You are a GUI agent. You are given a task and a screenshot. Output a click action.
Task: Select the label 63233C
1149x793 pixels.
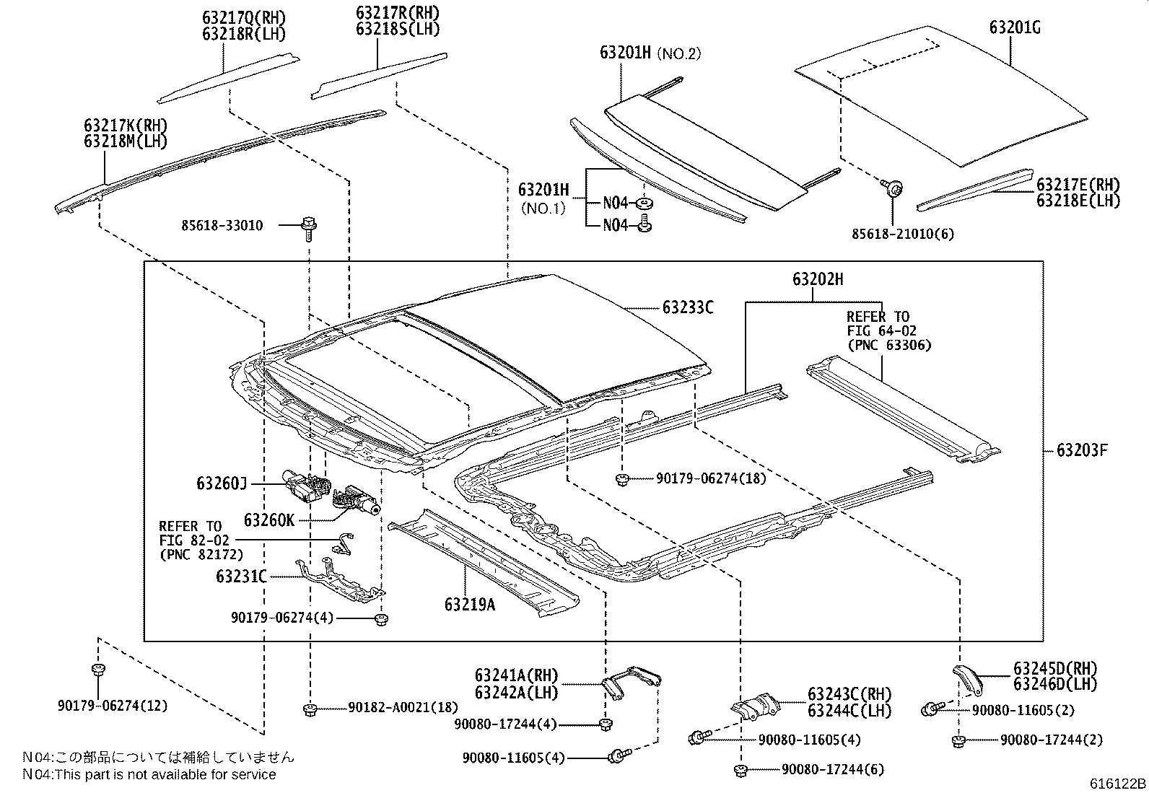[688, 308]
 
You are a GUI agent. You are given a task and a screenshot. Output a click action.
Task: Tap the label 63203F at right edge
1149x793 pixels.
[1081, 451]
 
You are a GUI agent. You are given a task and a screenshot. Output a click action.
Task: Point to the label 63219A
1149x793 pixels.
[470, 605]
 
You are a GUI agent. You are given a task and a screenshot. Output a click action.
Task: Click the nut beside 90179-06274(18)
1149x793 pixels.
[621, 478]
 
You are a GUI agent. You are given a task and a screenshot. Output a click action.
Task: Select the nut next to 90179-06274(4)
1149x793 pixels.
[382, 619]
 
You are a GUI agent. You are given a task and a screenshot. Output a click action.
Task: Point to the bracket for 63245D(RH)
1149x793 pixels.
[968, 678]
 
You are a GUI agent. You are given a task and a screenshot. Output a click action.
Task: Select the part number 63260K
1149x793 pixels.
[268, 520]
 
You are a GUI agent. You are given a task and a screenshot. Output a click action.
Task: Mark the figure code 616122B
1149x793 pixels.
[1117, 784]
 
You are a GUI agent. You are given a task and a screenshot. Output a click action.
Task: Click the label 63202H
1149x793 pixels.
[817, 279]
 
